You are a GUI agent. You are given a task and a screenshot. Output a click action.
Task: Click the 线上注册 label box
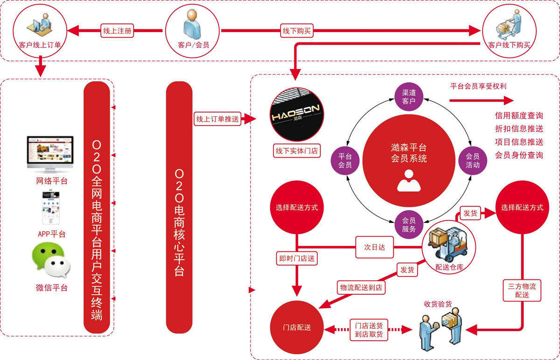pyautogui.click(x=118, y=31)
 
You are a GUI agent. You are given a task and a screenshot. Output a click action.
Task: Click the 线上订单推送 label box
pyautogui.click(x=217, y=119)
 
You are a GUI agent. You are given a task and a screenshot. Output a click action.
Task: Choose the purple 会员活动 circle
pyautogui.click(x=473, y=160)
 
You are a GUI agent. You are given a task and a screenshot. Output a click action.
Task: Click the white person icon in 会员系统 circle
pyautogui.click(x=409, y=180)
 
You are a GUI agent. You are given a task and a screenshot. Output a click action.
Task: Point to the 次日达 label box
pyautogui.click(x=375, y=248)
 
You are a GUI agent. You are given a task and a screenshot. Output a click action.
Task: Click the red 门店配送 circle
pyautogui.click(x=297, y=328)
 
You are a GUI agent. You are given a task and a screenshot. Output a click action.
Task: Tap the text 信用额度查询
pyautogui.click(x=519, y=116)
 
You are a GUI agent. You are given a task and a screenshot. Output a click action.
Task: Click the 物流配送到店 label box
pyautogui.click(x=361, y=288)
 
